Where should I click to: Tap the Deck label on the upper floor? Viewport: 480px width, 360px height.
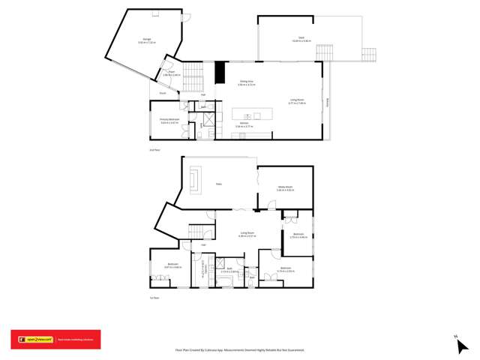[301, 40]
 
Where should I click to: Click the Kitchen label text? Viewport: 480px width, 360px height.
[244, 125]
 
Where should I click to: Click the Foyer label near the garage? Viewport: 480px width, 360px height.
[171, 73]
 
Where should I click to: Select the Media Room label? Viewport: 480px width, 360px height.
[284, 188]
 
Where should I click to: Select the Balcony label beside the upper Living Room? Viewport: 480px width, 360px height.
[327, 99]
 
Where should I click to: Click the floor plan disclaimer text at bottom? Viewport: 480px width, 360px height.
[240, 349]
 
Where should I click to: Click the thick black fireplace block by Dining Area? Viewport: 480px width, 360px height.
[220, 73]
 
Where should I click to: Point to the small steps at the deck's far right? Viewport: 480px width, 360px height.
[368, 55]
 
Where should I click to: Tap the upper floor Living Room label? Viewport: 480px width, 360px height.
[297, 100]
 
